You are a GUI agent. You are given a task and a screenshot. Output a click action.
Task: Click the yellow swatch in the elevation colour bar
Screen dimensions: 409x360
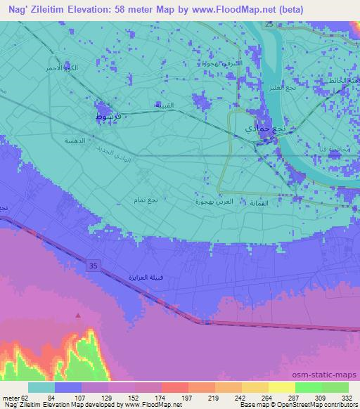[281, 387]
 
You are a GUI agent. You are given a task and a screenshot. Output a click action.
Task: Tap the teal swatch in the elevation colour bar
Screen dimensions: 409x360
[41, 387]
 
